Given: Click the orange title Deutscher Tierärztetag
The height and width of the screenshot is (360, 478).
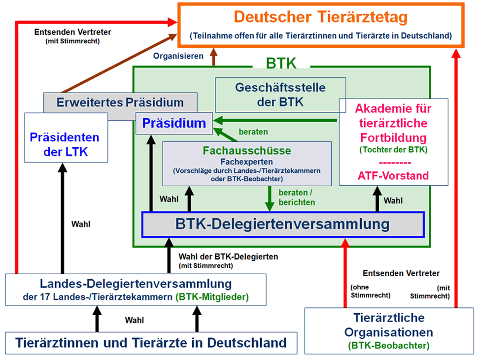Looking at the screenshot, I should pos(320,18).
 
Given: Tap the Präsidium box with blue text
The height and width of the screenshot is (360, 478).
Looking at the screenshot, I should pos(174,123).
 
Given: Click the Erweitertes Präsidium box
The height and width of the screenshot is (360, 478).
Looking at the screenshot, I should pos(120,102).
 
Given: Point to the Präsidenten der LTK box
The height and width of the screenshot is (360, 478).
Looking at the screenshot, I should pos(65,144).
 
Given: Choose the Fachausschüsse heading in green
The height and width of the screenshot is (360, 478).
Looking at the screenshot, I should pos(247,150).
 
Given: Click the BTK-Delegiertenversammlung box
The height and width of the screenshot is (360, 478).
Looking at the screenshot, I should pos(282,225).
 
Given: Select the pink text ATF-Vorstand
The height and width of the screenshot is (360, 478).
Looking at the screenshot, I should pos(393,175).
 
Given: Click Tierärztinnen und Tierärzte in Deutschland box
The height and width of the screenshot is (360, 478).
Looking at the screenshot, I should pos(151,342).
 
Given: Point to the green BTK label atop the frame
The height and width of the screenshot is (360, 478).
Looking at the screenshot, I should pos(281,64).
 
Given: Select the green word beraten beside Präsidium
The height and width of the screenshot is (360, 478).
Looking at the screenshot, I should pos(253,132).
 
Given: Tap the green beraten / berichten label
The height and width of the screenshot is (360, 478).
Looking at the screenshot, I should pos(296,197).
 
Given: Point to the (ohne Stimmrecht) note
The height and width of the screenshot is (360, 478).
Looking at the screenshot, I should pos(370,291).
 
